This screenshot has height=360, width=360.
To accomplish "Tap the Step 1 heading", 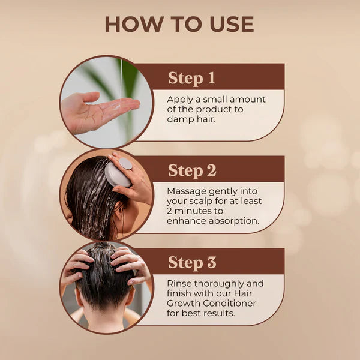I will (191, 78).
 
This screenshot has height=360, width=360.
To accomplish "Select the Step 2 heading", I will (192, 170).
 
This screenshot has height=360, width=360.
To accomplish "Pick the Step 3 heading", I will (192, 262).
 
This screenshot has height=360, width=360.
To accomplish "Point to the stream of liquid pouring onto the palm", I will (122, 81).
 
